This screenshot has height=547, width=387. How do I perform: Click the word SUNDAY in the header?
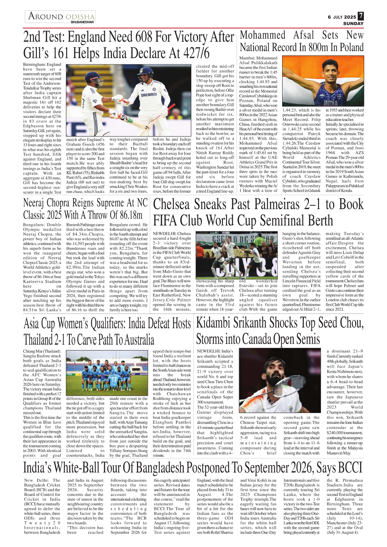[x=353, y=24]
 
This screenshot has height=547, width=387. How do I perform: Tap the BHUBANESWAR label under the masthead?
[x=82, y=22]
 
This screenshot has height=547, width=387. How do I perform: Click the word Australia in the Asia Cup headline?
[x=139, y=340]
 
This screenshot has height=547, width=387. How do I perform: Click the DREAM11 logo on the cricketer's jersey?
[x=149, y=95]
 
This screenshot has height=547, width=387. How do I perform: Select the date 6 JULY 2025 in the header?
[x=342, y=17]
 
